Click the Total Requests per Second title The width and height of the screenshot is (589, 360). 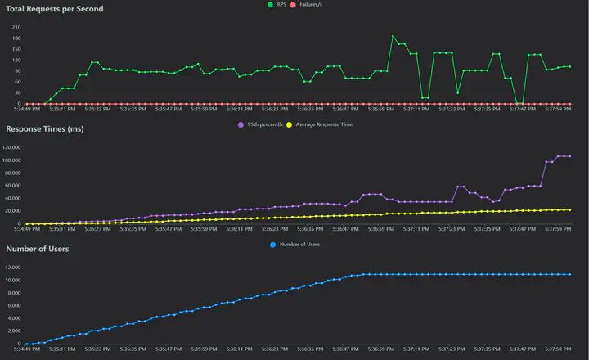[55, 8]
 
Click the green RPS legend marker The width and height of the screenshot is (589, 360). [270, 5]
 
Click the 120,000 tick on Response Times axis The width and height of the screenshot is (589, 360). [12, 147]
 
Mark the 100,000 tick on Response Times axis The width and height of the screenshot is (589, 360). [12, 160]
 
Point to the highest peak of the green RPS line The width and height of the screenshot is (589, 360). [393, 36]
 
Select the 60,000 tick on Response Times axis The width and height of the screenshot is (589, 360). [14, 186]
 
